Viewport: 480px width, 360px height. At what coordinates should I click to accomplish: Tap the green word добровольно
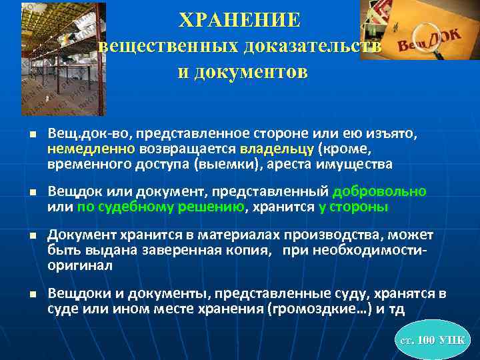(379, 192)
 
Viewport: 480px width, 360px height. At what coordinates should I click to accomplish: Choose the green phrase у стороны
(353, 207)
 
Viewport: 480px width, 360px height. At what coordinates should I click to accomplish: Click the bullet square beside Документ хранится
(33, 236)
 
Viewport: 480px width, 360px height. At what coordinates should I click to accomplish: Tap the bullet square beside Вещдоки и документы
(33, 295)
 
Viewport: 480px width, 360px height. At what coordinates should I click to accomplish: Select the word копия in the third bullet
(255, 251)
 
